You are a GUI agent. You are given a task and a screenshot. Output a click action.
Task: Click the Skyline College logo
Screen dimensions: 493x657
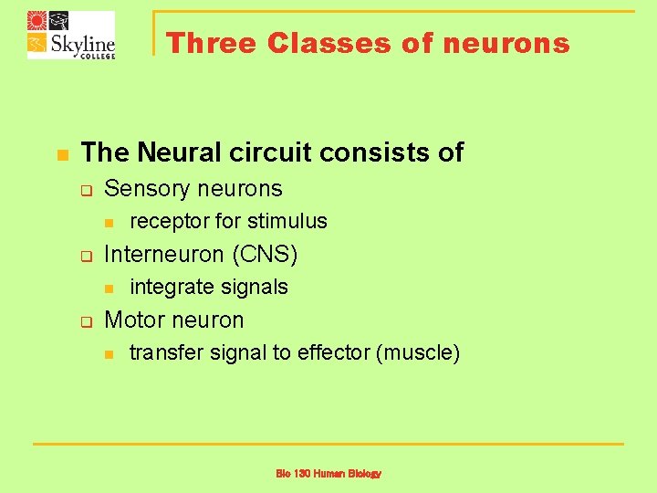[x=71, y=35]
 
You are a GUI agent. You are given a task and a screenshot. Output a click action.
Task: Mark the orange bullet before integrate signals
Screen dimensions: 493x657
[x=108, y=288]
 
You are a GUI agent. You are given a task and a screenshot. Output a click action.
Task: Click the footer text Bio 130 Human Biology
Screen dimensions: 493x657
[x=328, y=474]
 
